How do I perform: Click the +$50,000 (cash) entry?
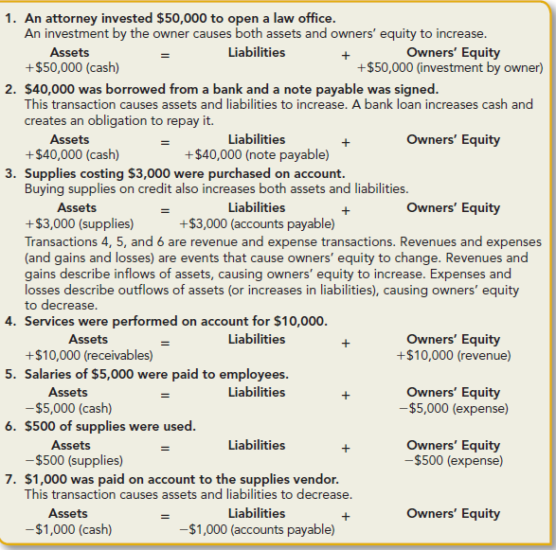(71, 68)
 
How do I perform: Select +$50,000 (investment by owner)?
(450, 68)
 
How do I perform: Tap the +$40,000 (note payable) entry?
(257, 155)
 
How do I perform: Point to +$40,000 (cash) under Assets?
(71, 155)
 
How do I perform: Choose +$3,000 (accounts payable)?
(257, 223)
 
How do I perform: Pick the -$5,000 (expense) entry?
(454, 408)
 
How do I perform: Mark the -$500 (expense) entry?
(454, 461)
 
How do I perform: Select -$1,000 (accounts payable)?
(257, 529)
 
